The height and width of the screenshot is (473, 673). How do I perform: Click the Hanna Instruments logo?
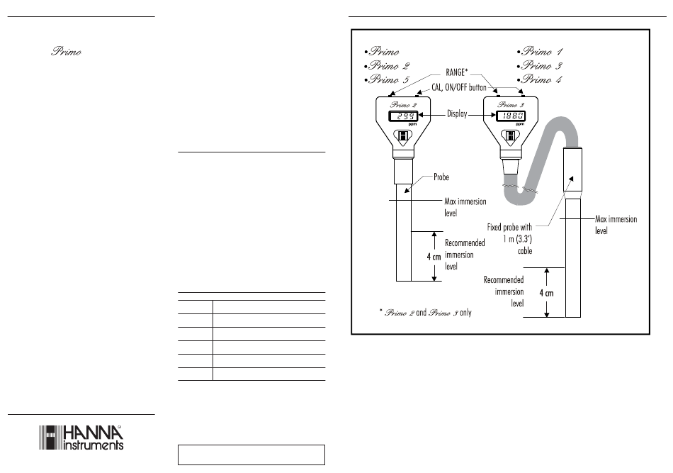click(x=81, y=438)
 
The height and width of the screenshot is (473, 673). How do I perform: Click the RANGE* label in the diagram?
click(x=457, y=72)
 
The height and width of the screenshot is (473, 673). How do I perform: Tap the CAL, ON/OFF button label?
click(x=459, y=87)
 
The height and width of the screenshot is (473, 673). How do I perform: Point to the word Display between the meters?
click(x=457, y=114)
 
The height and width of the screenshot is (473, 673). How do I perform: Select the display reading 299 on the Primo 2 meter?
click(x=404, y=116)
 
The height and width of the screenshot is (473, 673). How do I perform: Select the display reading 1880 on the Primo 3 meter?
click(x=511, y=116)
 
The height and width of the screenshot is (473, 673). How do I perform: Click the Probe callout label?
click(x=441, y=177)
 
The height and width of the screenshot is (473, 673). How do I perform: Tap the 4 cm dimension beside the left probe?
click(x=434, y=257)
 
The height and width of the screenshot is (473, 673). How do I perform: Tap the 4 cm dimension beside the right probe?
click(x=546, y=293)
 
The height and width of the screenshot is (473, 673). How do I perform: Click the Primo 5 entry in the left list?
click(x=388, y=79)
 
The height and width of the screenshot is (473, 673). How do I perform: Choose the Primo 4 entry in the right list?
click(x=540, y=79)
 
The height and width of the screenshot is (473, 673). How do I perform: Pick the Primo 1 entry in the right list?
click(x=540, y=52)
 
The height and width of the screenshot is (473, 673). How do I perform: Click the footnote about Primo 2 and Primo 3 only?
click(x=425, y=313)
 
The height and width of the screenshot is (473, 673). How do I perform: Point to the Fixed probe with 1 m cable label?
click(x=509, y=239)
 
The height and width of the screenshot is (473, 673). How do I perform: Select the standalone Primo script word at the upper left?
click(x=66, y=52)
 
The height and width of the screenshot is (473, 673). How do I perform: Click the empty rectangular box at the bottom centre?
click(x=251, y=455)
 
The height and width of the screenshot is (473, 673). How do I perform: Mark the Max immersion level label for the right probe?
click(x=616, y=225)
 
